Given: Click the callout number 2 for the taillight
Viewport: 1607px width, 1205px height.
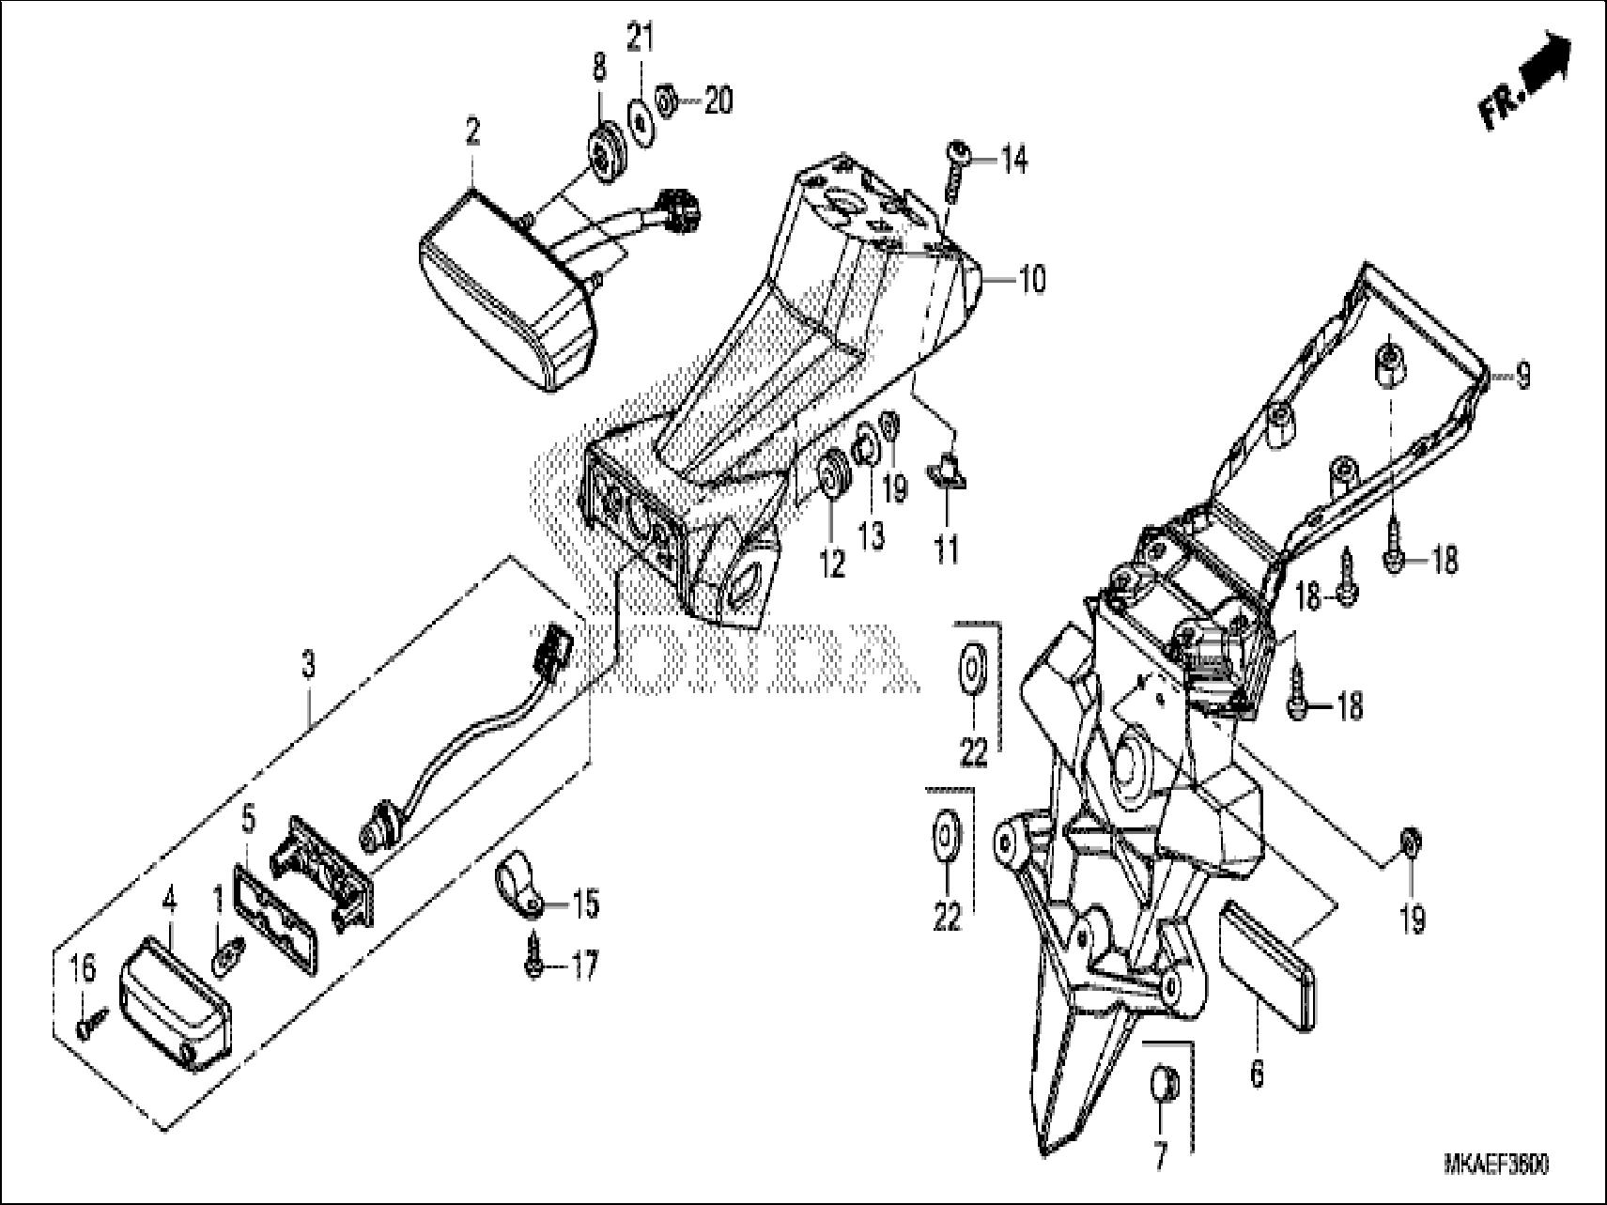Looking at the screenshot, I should pyautogui.click(x=472, y=132).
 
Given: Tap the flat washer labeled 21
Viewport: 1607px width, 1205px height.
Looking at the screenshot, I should pyautogui.click(x=641, y=123).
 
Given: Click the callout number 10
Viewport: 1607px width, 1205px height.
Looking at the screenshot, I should pyautogui.click(x=1030, y=279).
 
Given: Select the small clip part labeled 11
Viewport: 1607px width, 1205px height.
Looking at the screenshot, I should pyautogui.click(x=946, y=469).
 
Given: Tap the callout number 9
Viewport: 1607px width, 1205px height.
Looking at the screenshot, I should pyautogui.click(x=1522, y=377).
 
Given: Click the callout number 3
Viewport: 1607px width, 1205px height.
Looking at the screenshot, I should pyautogui.click(x=308, y=667).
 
